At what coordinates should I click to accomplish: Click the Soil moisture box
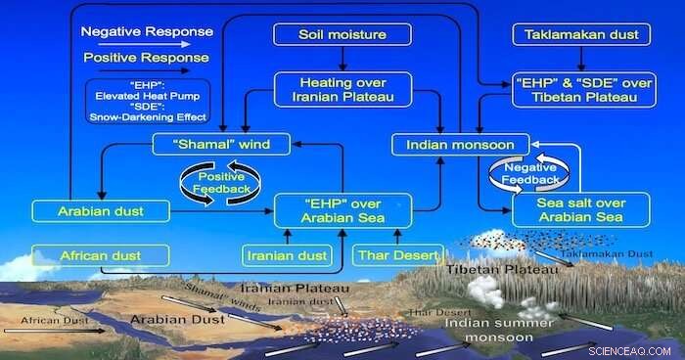pyautogui.click(x=342, y=35)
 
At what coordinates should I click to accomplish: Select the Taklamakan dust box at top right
pyautogui.click(x=581, y=35)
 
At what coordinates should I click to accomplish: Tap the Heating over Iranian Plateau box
pyautogui.click(x=342, y=90)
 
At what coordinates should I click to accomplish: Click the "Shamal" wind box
pyautogui.click(x=221, y=145)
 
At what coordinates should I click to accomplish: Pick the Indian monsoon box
pyautogui.click(x=453, y=145)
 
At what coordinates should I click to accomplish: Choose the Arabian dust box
pyautogui.click(x=100, y=209)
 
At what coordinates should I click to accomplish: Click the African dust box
pyautogui.click(x=100, y=256)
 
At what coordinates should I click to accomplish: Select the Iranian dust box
pyautogui.click(x=287, y=256)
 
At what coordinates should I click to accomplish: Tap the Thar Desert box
pyautogui.click(x=396, y=256)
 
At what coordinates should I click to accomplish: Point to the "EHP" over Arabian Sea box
pyautogui.click(x=342, y=210)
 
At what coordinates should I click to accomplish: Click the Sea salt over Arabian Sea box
pyautogui.click(x=581, y=209)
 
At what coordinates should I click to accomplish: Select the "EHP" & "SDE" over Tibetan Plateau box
pyautogui.click(x=580, y=90)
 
